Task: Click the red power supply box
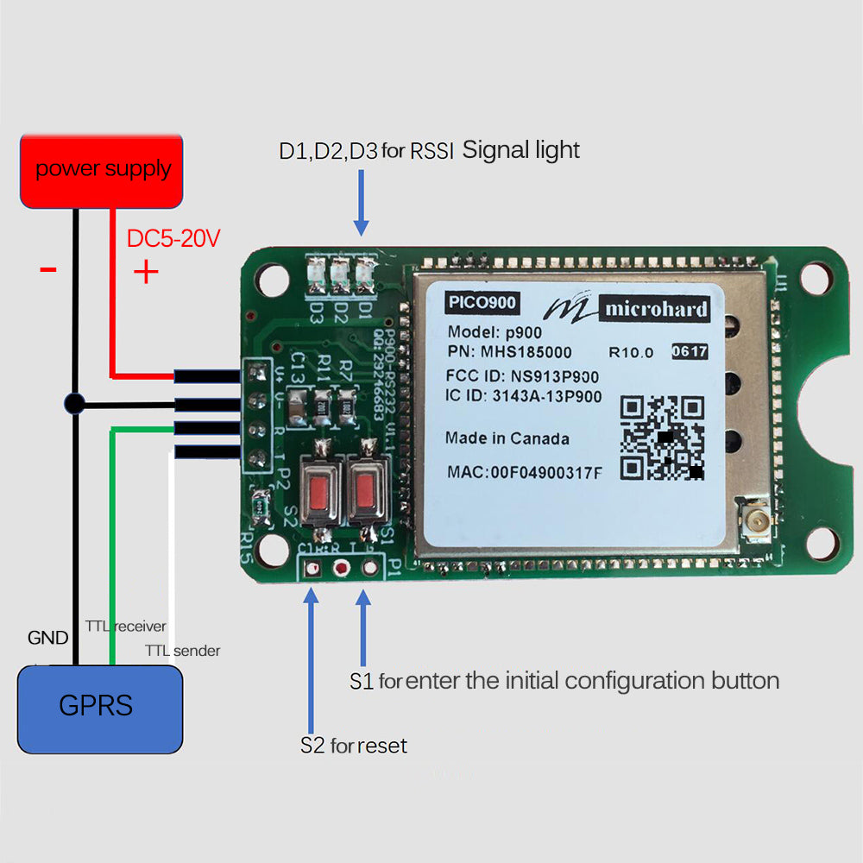point(102,170)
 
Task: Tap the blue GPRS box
point(100,707)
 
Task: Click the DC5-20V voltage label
point(173,239)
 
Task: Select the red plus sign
point(146,273)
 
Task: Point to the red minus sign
point(48,270)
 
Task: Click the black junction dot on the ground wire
point(75,403)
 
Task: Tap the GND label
point(47,639)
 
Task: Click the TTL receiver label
point(126,627)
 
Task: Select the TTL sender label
point(182,651)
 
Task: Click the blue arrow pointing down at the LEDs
point(362,202)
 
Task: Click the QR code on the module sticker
point(662,438)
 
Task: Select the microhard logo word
point(656,309)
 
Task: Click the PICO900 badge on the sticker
point(481,304)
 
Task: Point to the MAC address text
point(525,472)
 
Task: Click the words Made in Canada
point(507,438)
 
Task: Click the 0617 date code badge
point(689,351)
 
